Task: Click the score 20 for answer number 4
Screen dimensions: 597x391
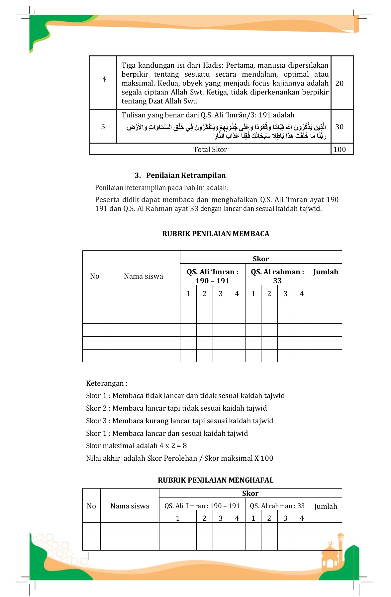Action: (x=339, y=83)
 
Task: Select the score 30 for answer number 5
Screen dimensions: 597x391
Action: (x=339, y=127)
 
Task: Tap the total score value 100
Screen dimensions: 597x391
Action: (x=339, y=149)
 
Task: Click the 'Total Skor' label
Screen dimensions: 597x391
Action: (x=210, y=149)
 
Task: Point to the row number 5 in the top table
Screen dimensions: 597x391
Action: (x=103, y=127)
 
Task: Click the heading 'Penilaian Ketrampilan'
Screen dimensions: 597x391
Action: (x=185, y=175)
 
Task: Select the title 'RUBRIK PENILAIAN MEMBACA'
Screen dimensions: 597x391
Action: (x=216, y=233)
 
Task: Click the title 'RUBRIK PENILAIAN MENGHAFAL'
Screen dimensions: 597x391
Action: (x=216, y=480)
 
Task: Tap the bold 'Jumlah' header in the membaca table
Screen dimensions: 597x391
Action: (x=326, y=272)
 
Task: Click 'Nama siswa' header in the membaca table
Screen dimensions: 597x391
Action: (x=144, y=276)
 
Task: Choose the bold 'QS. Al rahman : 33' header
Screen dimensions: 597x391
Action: (x=277, y=276)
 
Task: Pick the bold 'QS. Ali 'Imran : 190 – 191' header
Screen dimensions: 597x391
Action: (x=212, y=276)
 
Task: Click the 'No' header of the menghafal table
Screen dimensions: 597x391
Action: (x=91, y=506)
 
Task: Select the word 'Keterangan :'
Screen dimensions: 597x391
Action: (x=107, y=383)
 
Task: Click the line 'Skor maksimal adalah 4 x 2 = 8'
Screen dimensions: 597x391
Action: (x=136, y=445)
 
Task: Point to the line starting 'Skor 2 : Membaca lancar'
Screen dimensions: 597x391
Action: (x=176, y=408)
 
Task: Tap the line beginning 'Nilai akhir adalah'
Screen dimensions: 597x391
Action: (x=179, y=458)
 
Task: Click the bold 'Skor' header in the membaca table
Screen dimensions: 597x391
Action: (x=260, y=259)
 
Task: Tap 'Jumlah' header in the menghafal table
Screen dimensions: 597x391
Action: (x=326, y=506)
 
